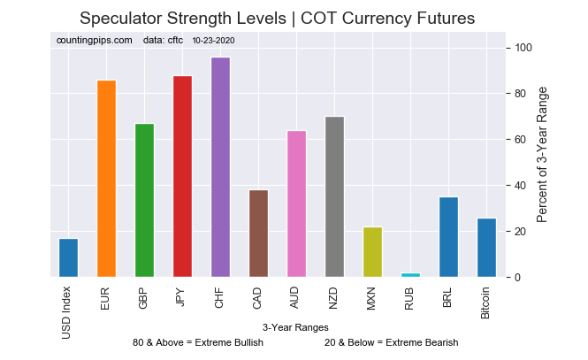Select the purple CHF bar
tap(220, 167)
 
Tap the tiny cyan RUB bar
tap(410, 275)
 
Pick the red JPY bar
tap(182, 177)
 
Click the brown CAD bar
tap(258, 234)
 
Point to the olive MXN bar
tap(372, 252)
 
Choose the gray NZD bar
tap(334, 197)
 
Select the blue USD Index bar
tap(68, 257)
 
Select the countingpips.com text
tap(94, 41)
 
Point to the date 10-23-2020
tap(213, 41)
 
